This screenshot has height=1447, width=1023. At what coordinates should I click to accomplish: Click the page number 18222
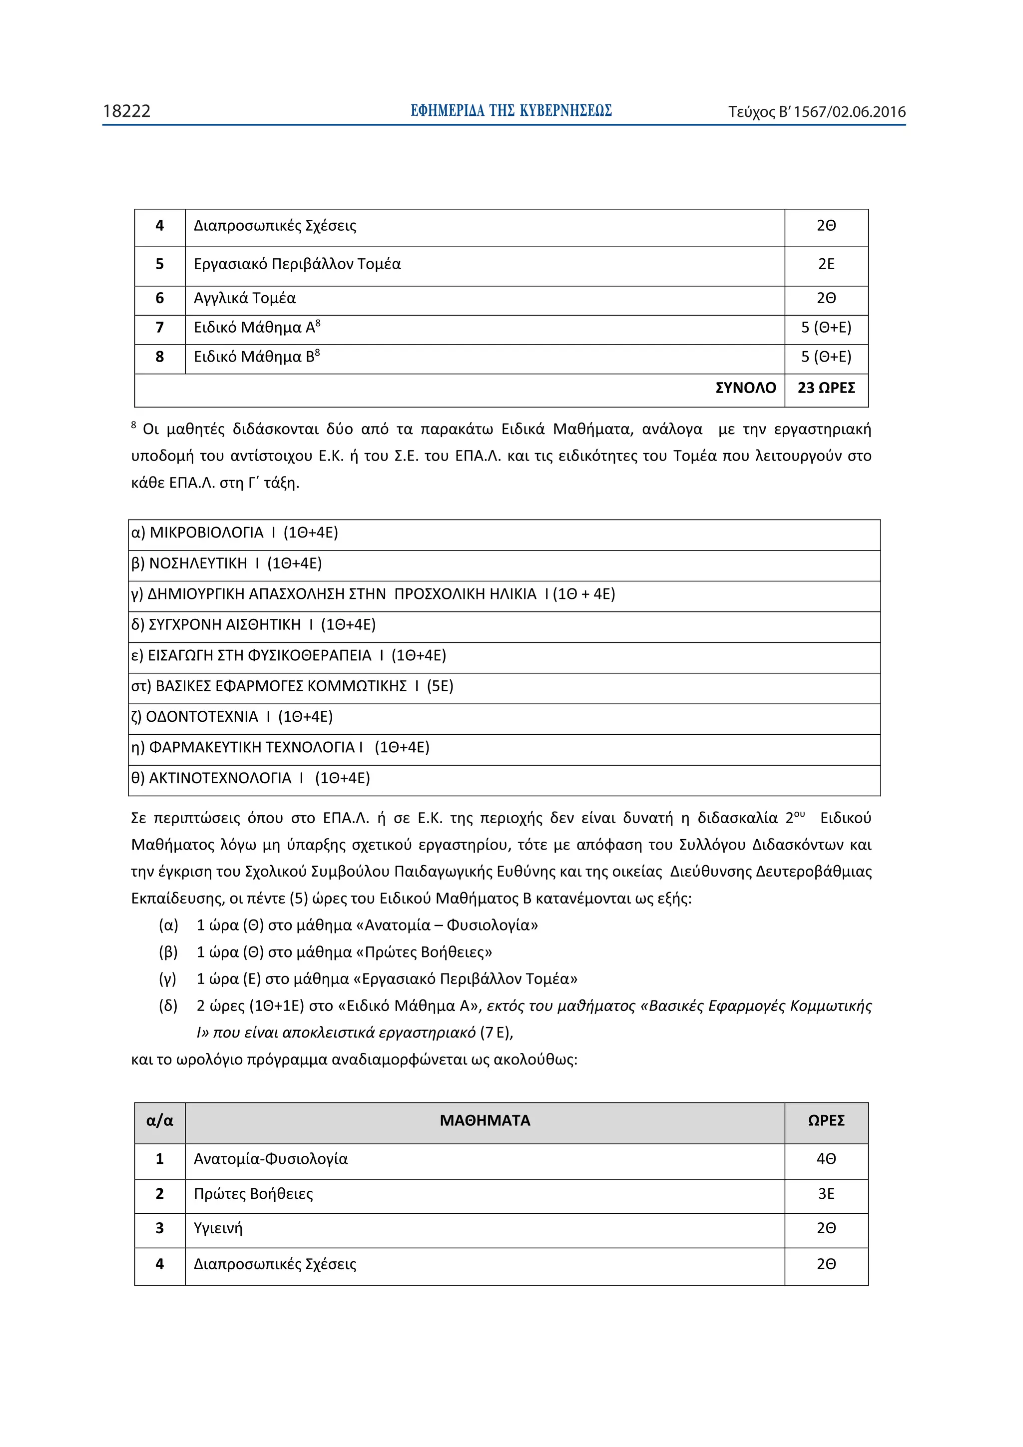point(127,111)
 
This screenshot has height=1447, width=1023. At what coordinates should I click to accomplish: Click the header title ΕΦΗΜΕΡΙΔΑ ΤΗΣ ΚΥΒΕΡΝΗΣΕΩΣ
point(511,111)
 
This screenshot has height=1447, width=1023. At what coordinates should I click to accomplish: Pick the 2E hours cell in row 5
point(826,264)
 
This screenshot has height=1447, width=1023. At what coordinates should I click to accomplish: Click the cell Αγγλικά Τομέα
point(245,298)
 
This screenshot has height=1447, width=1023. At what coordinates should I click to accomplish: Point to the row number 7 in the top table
point(159,327)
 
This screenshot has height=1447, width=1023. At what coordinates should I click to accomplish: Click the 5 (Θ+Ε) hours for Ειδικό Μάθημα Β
point(826,357)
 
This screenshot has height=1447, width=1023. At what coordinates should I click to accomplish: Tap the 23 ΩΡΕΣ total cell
point(826,388)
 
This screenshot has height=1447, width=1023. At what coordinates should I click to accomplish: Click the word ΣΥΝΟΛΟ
point(745,388)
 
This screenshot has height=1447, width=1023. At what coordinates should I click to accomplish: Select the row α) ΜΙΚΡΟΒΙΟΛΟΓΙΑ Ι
point(234,532)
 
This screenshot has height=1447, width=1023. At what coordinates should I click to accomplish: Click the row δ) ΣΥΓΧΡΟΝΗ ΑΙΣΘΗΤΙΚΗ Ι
point(253,624)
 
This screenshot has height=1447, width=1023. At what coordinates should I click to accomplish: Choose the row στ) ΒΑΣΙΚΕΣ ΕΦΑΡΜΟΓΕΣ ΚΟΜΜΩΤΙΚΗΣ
point(292,686)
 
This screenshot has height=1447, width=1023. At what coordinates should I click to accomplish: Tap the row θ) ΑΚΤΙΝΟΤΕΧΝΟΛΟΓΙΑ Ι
point(250,778)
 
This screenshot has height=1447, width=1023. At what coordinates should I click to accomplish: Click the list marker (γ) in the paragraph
point(168,979)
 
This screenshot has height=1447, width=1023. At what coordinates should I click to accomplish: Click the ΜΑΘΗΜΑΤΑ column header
point(485,1120)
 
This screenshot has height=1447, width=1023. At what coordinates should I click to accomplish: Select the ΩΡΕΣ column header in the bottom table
point(826,1120)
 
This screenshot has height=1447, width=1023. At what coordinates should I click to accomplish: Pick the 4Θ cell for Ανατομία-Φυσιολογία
point(826,1158)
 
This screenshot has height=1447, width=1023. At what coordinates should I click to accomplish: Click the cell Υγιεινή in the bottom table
point(218,1228)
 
